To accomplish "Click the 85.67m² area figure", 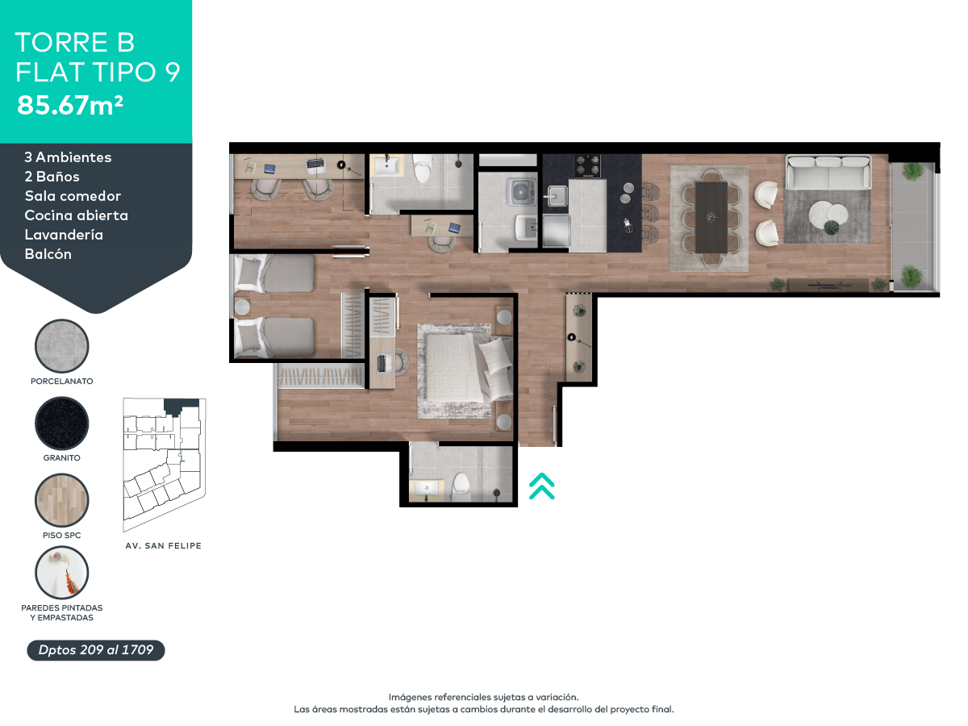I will click(70, 105).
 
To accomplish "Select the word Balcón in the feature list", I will click(48, 254).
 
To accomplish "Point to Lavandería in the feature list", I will click(64, 235).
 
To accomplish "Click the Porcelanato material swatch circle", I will click(62, 345).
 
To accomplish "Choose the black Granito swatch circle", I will click(62, 423).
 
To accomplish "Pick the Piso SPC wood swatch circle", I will click(62, 500).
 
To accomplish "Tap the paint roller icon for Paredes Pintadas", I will click(62, 572).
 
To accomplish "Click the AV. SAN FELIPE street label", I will click(164, 546).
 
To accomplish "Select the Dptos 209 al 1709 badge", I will click(96, 650).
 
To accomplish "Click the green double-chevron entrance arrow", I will click(541, 486).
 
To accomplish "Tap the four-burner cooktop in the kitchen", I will click(586, 165).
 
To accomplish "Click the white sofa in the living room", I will click(828, 171).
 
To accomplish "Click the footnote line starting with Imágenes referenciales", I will click(483, 697).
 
